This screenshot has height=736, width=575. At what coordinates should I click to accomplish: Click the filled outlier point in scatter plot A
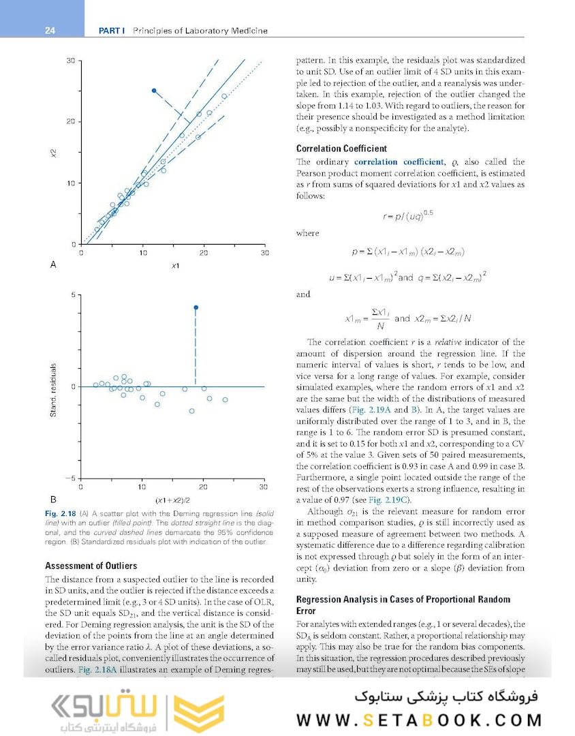(x=154, y=90)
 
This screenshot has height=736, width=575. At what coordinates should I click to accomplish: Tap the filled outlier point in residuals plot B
(x=196, y=307)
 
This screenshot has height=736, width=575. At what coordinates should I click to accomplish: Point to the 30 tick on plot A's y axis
(x=71, y=61)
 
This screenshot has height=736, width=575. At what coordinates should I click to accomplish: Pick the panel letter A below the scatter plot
(x=53, y=264)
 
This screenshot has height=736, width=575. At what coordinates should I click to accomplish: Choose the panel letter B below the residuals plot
(x=53, y=498)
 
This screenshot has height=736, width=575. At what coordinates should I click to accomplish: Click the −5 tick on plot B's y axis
(x=71, y=478)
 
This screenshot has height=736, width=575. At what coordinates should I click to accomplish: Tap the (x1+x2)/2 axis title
(x=172, y=499)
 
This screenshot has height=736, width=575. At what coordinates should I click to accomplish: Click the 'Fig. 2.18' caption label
(x=59, y=512)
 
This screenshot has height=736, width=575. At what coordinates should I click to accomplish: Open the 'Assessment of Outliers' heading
(x=91, y=566)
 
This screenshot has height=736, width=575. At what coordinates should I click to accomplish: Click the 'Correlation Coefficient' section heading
(x=341, y=149)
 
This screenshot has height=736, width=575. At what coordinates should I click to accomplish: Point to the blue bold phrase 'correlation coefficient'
(x=398, y=162)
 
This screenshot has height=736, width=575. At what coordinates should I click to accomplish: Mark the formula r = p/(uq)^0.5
(x=408, y=215)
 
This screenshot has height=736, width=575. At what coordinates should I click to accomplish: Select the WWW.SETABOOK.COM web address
(x=419, y=720)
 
